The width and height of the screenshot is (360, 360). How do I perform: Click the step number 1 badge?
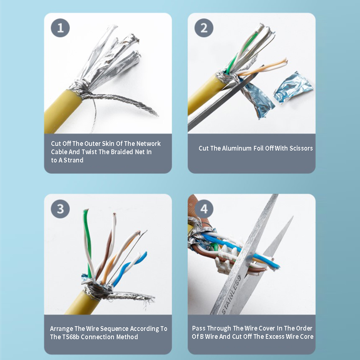pos(60,28)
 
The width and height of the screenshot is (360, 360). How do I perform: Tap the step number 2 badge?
pos(204,28)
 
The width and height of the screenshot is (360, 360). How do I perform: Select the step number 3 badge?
pos(60,209)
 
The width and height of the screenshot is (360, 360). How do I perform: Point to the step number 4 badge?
pos(204,209)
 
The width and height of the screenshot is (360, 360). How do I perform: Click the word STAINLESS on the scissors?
pos(231,294)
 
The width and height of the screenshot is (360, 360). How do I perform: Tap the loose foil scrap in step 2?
pos(293,87)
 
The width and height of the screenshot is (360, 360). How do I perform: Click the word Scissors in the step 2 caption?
pos(301,148)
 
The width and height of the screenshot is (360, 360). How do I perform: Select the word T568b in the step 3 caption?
pos(70,337)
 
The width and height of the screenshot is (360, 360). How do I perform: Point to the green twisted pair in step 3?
pos(88,243)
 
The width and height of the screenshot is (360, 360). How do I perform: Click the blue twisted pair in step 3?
pos(129,269)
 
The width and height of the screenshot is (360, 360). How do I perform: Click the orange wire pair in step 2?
pos(262,68)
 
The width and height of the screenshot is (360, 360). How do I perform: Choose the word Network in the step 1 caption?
pos(148,144)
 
